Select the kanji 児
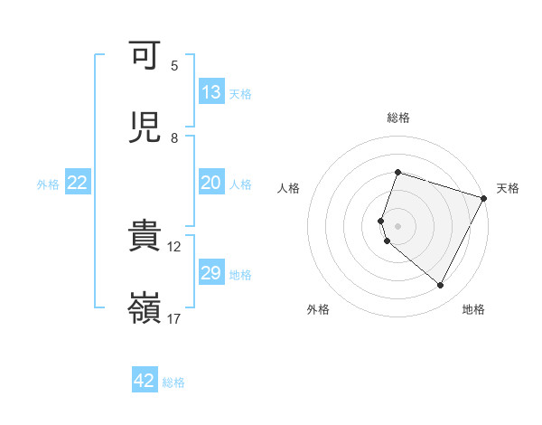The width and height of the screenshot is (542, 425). [x=145, y=127]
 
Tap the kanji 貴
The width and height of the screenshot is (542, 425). [x=145, y=236]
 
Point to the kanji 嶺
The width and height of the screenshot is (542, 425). [x=145, y=308]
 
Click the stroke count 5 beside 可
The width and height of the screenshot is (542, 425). [x=174, y=65]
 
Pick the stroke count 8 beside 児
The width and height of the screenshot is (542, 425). [x=174, y=137]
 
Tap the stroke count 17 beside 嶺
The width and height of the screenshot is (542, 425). [x=174, y=318]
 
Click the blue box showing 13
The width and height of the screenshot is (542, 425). [x=211, y=92]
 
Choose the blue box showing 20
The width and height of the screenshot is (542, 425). [x=211, y=183]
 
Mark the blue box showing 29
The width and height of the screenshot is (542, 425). [x=211, y=273]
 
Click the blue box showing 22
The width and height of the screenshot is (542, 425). [x=78, y=183]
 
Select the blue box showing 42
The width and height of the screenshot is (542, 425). [x=145, y=381]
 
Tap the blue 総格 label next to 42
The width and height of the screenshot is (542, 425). [x=173, y=382]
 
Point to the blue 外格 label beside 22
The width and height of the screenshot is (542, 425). [x=48, y=184]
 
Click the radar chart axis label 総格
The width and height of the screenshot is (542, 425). [x=397, y=118]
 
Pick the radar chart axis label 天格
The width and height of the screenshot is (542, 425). [x=508, y=188]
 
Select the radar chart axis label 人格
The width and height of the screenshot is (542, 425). [x=288, y=188]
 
